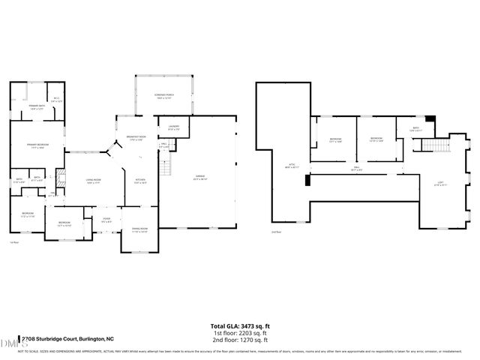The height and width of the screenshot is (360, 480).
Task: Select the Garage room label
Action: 199,177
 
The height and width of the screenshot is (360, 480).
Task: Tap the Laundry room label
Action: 173,127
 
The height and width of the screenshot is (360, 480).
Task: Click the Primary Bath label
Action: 36,107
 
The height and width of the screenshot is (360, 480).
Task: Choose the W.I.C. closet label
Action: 55,101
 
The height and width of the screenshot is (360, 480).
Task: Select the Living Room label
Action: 94,181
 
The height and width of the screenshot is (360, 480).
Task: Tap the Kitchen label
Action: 139,181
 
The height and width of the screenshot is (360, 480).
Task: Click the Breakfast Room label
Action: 136,136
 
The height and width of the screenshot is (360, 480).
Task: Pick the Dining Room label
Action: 140,230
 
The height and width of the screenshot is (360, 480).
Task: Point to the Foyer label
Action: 107,220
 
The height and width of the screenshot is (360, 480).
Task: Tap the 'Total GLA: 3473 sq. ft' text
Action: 241,327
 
